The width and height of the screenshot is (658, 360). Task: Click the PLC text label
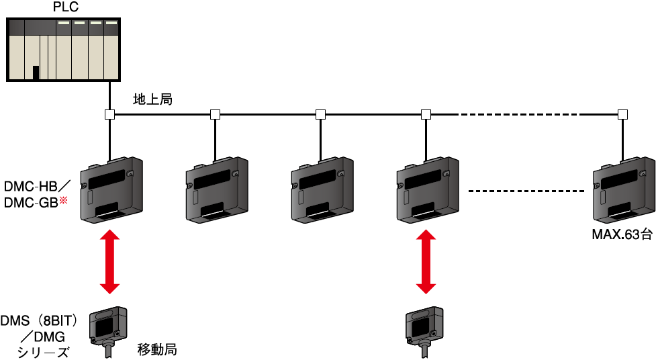coord(65,8)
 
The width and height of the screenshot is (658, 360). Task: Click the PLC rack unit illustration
coord(65,49)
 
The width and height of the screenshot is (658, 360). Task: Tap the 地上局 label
coord(153,100)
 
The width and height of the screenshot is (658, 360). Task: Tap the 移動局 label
coord(157,349)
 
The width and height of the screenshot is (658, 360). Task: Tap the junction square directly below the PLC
coord(109,114)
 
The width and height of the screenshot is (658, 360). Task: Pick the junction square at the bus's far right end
coord(623,114)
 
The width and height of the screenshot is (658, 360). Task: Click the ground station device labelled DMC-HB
coord(111,189)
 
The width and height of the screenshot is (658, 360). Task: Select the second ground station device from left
coord(216,189)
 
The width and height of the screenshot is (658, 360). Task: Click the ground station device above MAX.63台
coord(623,189)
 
